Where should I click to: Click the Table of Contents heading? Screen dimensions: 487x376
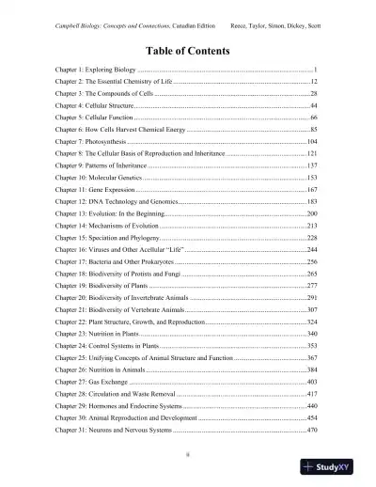[x=187, y=50]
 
